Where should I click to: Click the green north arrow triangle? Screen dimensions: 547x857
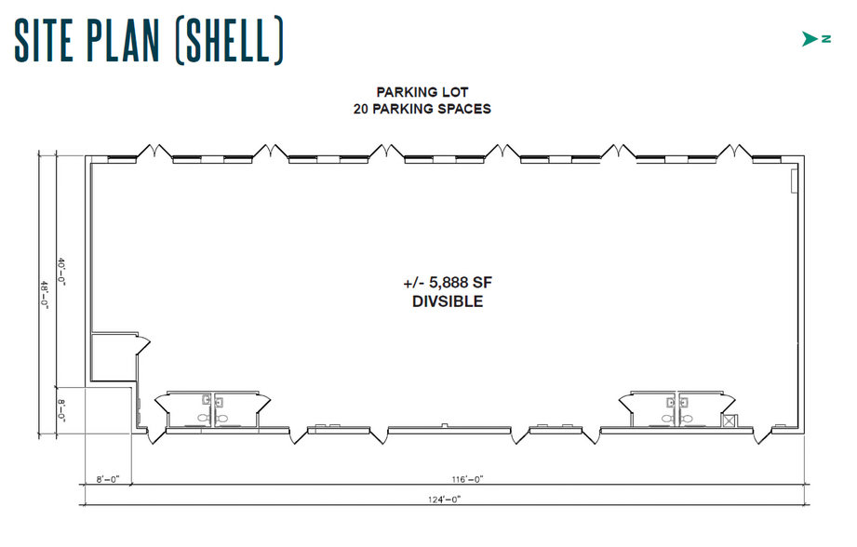(808, 39)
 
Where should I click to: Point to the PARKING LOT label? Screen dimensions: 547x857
(422, 92)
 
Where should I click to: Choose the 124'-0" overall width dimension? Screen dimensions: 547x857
(444, 499)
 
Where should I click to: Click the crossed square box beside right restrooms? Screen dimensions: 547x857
(729, 421)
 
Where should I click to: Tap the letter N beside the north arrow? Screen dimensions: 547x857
(825, 39)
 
